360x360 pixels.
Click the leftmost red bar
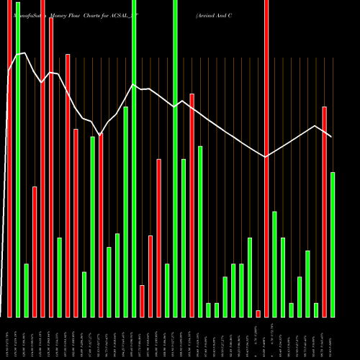tap(9, 158)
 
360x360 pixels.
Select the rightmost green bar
tap(333, 245)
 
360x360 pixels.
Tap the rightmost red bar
tap(324, 212)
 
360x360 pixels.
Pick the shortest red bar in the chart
tap(258, 313)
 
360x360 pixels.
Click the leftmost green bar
tap(17, 158)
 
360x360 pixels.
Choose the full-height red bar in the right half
tap(266, 158)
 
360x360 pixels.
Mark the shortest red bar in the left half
tap(142, 301)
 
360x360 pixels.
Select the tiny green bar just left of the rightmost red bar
tap(316, 310)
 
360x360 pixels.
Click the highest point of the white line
tap(26, 53)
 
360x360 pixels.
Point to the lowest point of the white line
tap(266, 157)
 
